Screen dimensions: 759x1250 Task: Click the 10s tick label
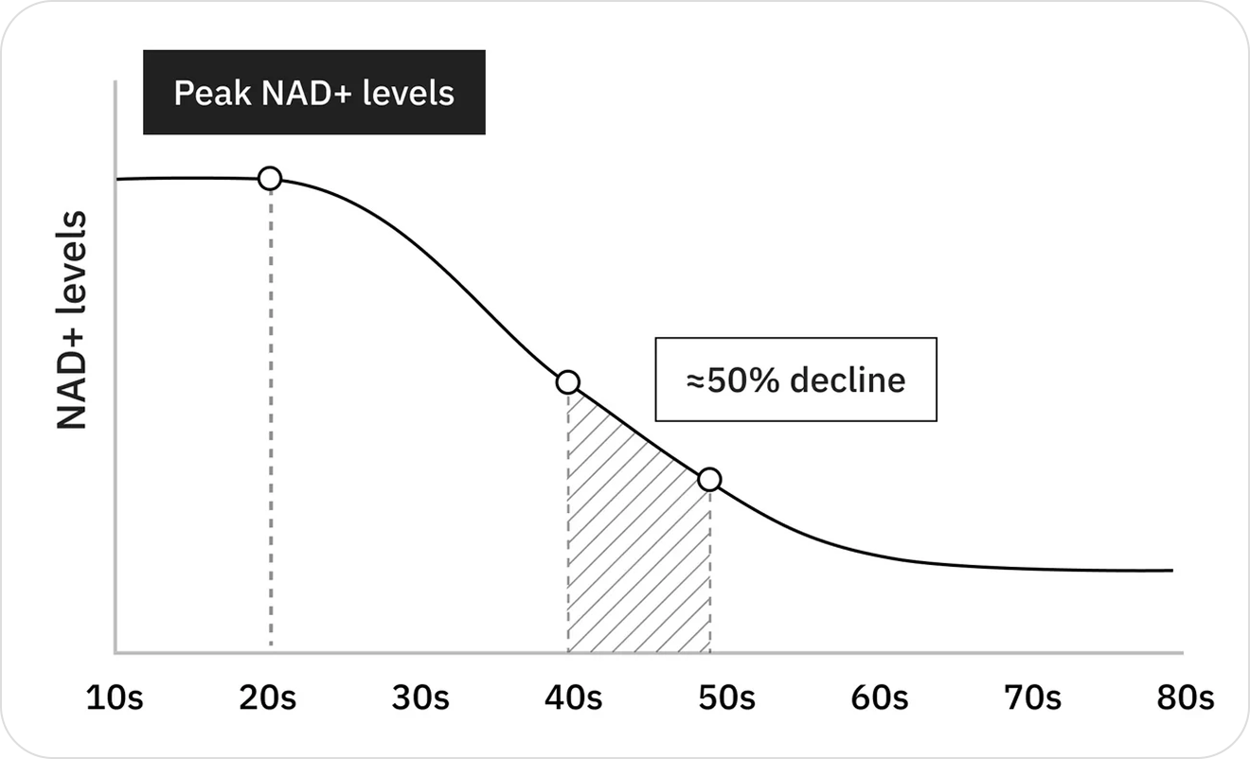[115, 699]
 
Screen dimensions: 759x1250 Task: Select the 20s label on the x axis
[268, 699]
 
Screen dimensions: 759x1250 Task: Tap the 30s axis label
[420, 699]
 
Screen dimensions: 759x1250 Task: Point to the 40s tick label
[574, 699]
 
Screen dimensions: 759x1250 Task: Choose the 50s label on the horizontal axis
[726, 699]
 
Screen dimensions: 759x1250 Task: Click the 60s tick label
[880, 699]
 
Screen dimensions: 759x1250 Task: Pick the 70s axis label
[1032, 699]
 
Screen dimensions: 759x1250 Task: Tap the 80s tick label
[1186, 699]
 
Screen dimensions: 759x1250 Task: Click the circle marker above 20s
[270, 178]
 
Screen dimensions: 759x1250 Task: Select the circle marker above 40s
[567, 382]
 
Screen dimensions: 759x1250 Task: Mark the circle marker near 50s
[709, 480]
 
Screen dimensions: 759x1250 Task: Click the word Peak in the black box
[208, 94]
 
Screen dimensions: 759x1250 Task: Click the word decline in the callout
[848, 379]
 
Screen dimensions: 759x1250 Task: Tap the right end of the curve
[1170, 571]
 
